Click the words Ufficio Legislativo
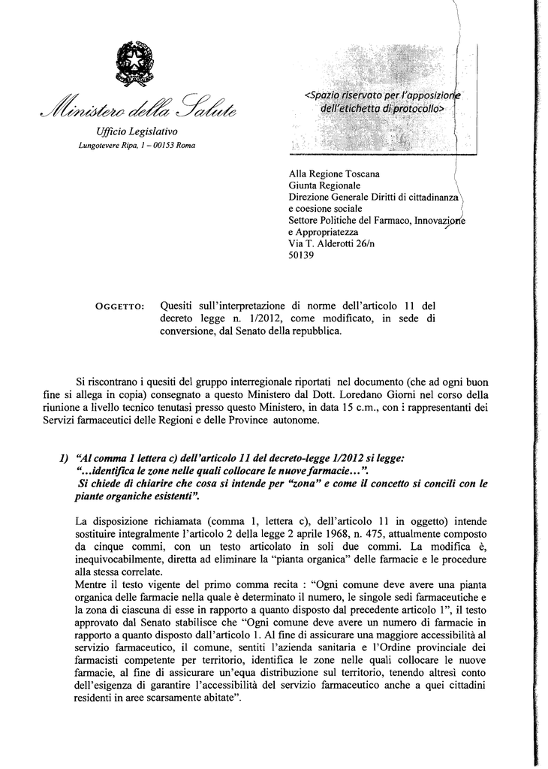click(x=135, y=131)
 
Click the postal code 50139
click(x=302, y=255)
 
